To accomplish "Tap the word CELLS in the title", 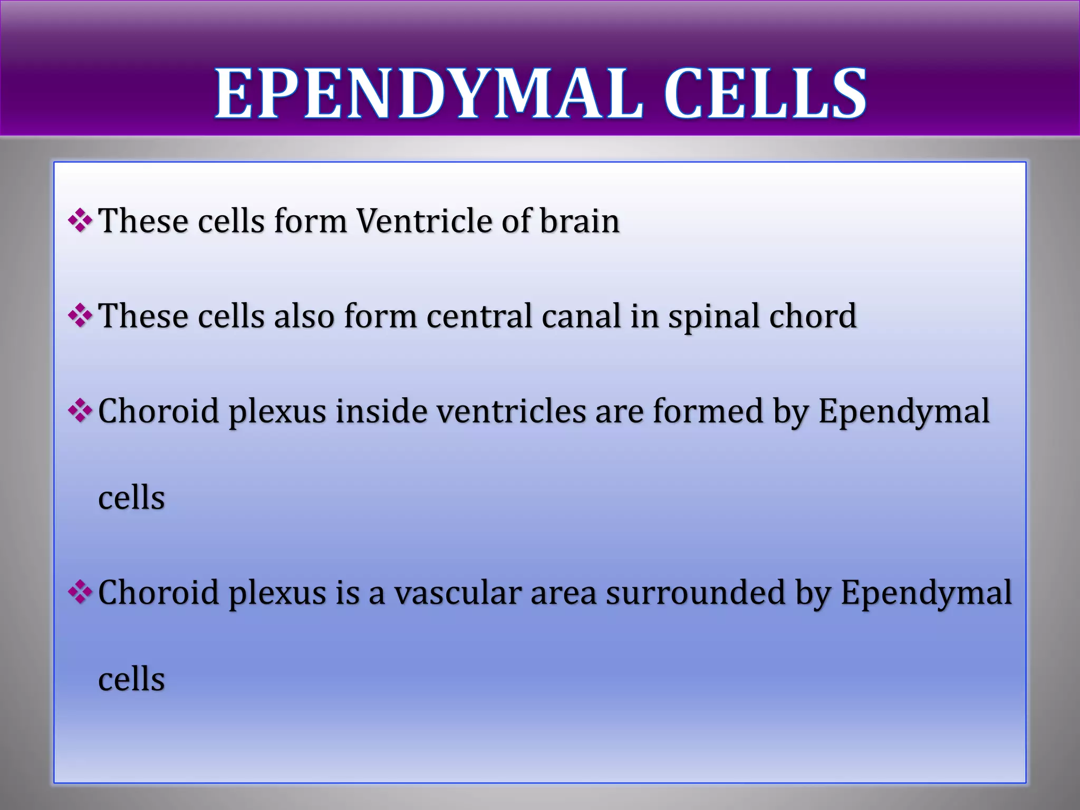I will coord(765,94).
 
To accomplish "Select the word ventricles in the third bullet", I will coord(512,411).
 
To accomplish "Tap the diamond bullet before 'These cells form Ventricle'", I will coord(81,220).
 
